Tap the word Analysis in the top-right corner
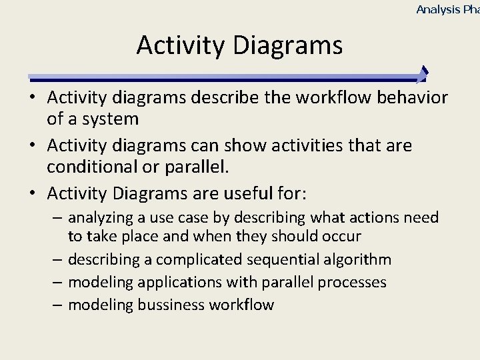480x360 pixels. tap(438, 9)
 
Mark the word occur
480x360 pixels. tap(341, 236)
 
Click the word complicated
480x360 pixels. tap(184, 259)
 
